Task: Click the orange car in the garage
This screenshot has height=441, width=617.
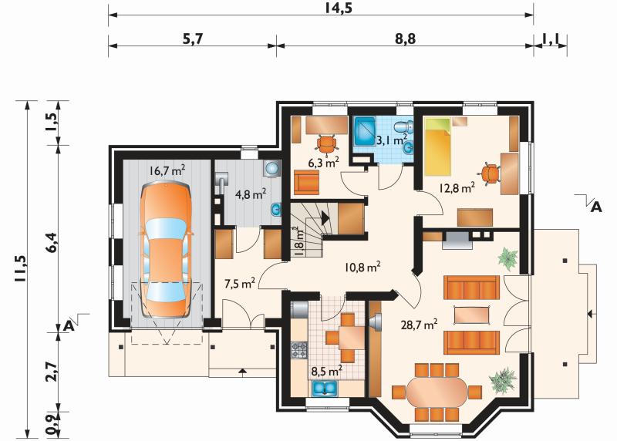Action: coord(166,251)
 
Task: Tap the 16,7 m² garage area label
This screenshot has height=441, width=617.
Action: coord(167,170)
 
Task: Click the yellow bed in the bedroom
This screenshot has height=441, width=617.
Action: coord(437,146)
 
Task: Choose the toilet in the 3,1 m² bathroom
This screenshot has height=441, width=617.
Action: coord(404,127)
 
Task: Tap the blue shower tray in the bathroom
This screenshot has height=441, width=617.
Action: coord(365,131)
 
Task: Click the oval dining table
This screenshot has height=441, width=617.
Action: coord(437,392)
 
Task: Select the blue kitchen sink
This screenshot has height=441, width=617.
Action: coord(325,388)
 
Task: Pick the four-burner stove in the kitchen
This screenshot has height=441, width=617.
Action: coord(299,350)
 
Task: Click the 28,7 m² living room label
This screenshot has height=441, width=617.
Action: coord(419,325)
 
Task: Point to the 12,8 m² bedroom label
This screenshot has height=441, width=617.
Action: coord(457,187)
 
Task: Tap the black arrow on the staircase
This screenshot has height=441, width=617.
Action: coord(325,217)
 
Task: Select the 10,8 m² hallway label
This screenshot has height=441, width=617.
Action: coord(362,268)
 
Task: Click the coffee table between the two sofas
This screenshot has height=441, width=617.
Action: coord(472,315)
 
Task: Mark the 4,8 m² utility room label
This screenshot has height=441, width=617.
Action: coord(251,194)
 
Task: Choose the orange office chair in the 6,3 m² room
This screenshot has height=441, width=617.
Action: coord(326,143)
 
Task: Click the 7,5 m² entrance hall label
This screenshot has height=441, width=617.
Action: coord(240,283)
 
